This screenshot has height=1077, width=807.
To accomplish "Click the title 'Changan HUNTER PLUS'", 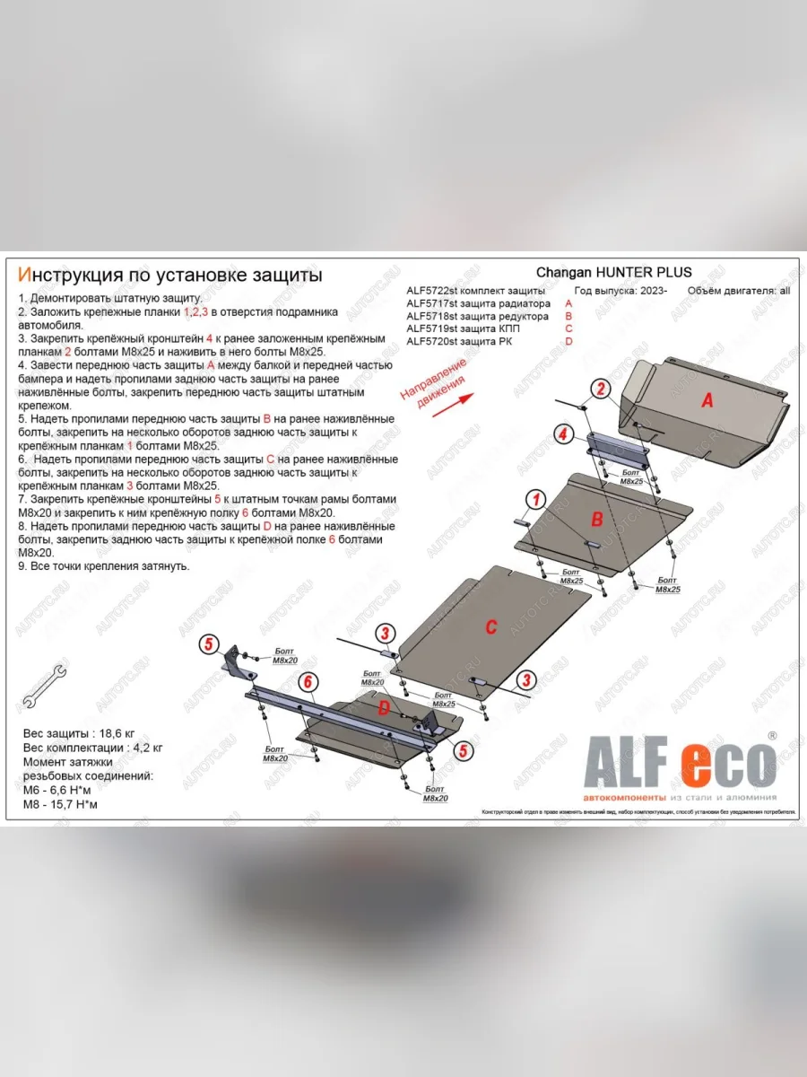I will coord(613,273).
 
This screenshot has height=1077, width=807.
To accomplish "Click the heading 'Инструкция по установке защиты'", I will coord(170,275).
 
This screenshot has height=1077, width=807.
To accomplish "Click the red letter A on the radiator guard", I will coord(707,401).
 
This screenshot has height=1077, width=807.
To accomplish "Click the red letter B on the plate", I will coord(595,518).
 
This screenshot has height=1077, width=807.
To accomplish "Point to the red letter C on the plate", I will coord(490,627).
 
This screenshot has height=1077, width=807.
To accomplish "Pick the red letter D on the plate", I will coord(383,709).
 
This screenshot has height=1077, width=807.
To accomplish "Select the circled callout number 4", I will coord(562,434).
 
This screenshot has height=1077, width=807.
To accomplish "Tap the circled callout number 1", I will coord(535,499).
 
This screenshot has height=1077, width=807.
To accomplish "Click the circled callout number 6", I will coord(307,682).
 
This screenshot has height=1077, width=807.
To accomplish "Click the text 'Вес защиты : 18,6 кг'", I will coord(81,734).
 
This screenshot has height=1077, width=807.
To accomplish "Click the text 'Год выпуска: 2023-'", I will coord(618,292).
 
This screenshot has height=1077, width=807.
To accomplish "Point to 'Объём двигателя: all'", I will coord(739,292).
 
